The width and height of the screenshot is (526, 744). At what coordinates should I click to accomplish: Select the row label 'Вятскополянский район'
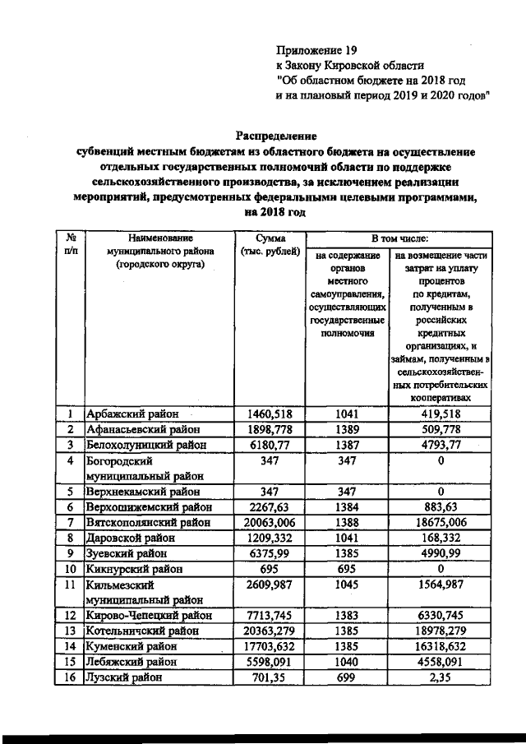coord(149,523)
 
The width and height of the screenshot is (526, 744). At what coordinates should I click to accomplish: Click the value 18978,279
coord(441,631)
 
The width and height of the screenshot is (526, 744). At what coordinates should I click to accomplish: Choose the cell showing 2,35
coord(441,678)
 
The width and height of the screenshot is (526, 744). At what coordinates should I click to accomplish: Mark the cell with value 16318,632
coord(441,647)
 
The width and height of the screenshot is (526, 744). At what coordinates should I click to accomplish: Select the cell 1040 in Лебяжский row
coord(348,663)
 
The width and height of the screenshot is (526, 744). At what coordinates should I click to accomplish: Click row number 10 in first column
coord(71,569)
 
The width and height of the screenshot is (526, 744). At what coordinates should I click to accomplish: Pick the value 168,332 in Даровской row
coord(441,538)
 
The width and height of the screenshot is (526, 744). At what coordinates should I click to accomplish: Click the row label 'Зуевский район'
coord(126,554)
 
